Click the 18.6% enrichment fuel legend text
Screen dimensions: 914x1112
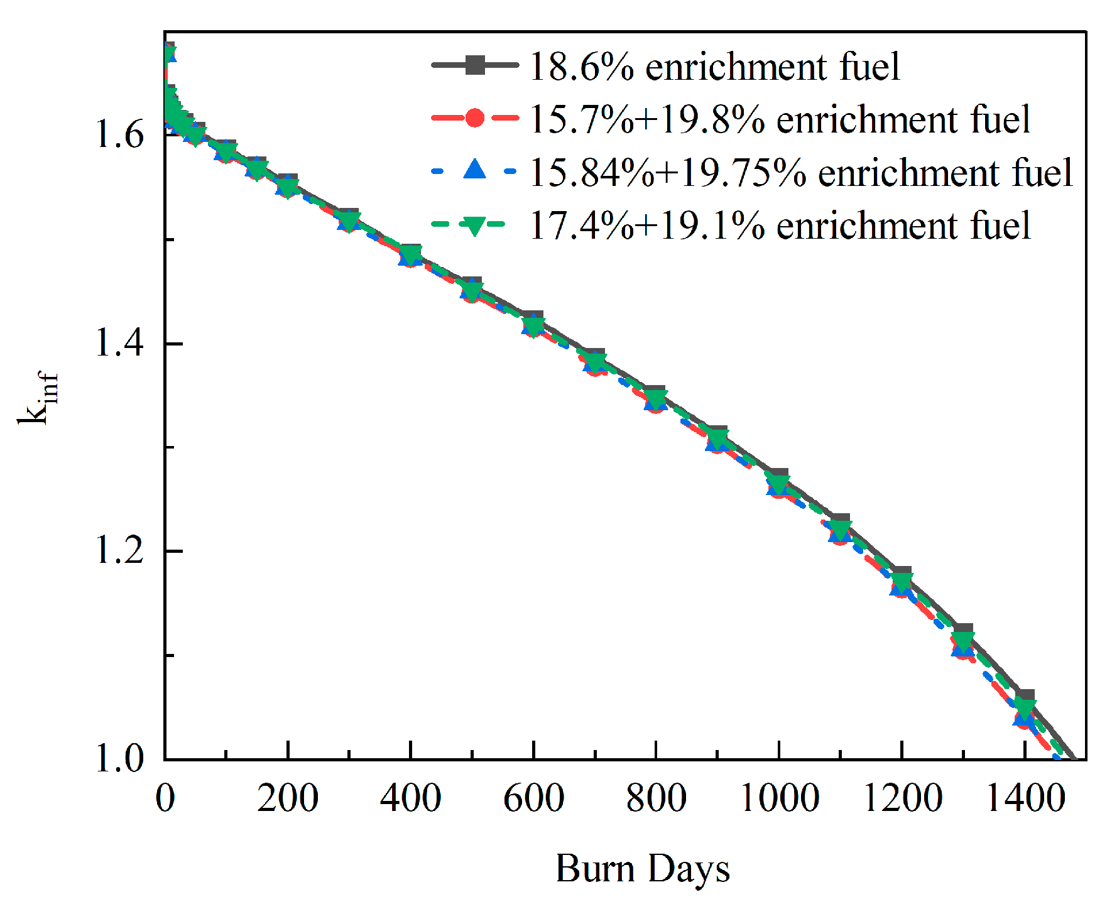click(x=714, y=67)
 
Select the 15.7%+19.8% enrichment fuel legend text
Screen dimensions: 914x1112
click(x=780, y=119)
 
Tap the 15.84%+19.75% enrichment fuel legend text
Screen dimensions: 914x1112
click(x=801, y=172)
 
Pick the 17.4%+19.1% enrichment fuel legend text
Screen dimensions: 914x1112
click(x=780, y=225)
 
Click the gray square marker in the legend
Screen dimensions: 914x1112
click(x=475, y=65)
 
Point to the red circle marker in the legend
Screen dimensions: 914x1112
click(x=475, y=118)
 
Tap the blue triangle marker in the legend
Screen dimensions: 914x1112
click(x=475, y=170)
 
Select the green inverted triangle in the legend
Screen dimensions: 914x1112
click(x=475, y=225)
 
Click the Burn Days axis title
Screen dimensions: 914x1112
click(x=643, y=869)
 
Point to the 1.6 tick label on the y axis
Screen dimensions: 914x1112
click(x=119, y=134)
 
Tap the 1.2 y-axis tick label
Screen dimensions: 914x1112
click(x=119, y=551)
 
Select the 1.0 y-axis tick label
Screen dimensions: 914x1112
click(x=119, y=759)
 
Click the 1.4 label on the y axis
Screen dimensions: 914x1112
click(x=119, y=343)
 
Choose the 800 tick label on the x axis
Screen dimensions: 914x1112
click(x=656, y=798)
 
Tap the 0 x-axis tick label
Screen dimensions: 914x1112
click(x=165, y=798)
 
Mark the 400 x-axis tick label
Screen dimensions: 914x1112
click(x=410, y=798)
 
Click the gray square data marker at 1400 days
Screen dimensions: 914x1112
click(x=1025, y=696)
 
